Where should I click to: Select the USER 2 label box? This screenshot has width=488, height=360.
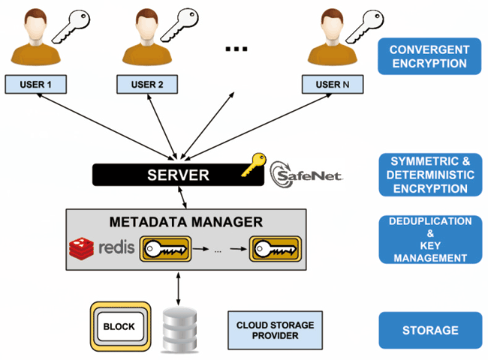pyautogui.click(x=147, y=84)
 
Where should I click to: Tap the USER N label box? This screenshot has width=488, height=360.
pyautogui.click(x=332, y=84)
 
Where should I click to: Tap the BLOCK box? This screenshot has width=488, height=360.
pyautogui.click(x=118, y=327)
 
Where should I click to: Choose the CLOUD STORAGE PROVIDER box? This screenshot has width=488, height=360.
pyautogui.click(x=275, y=330)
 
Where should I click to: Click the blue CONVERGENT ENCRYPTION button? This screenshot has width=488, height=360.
pyautogui.click(x=428, y=57)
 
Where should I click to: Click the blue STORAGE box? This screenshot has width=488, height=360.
pyautogui.click(x=429, y=330)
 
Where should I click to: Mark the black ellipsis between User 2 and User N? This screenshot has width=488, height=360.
pyautogui.click(x=236, y=49)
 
